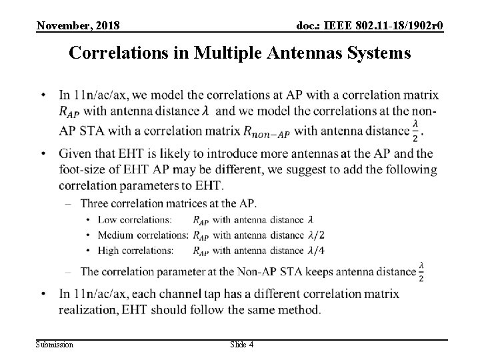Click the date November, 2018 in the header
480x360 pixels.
point(78,26)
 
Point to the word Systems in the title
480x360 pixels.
point(379,53)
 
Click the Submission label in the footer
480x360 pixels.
point(55,344)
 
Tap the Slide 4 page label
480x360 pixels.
point(241,344)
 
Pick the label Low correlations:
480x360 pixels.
point(133,219)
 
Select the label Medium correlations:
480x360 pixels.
point(143,235)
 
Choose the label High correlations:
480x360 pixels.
point(135,250)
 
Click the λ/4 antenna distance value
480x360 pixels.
point(317,250)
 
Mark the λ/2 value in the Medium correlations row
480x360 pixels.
point(317,235)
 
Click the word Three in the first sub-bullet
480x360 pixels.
point(94,203)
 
